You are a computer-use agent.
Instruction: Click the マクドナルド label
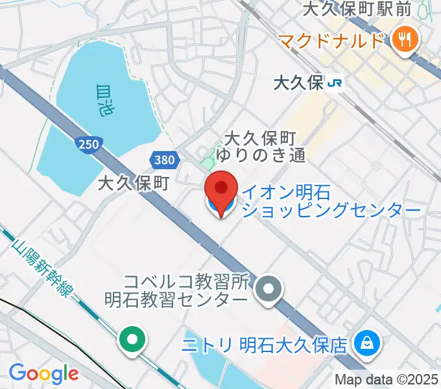pyautogui.click(x=331, y=41)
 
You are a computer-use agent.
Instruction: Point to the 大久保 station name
pyautogui.click(x=298, y=83)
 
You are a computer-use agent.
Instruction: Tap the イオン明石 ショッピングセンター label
pyautogui.click(x=331, y=200)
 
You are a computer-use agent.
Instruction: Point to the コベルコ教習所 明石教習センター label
pyautogui.click(x=177, y=291)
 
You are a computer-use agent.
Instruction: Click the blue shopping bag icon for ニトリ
pyautogui.click(x=367, y=343)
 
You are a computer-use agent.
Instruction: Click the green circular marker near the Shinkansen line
pyautogui.click(x=132, y=339)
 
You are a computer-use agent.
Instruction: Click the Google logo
pyautogui.click(x=43, y=373)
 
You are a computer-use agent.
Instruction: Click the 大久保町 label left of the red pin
pyautogui.click(x=134, y=184)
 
